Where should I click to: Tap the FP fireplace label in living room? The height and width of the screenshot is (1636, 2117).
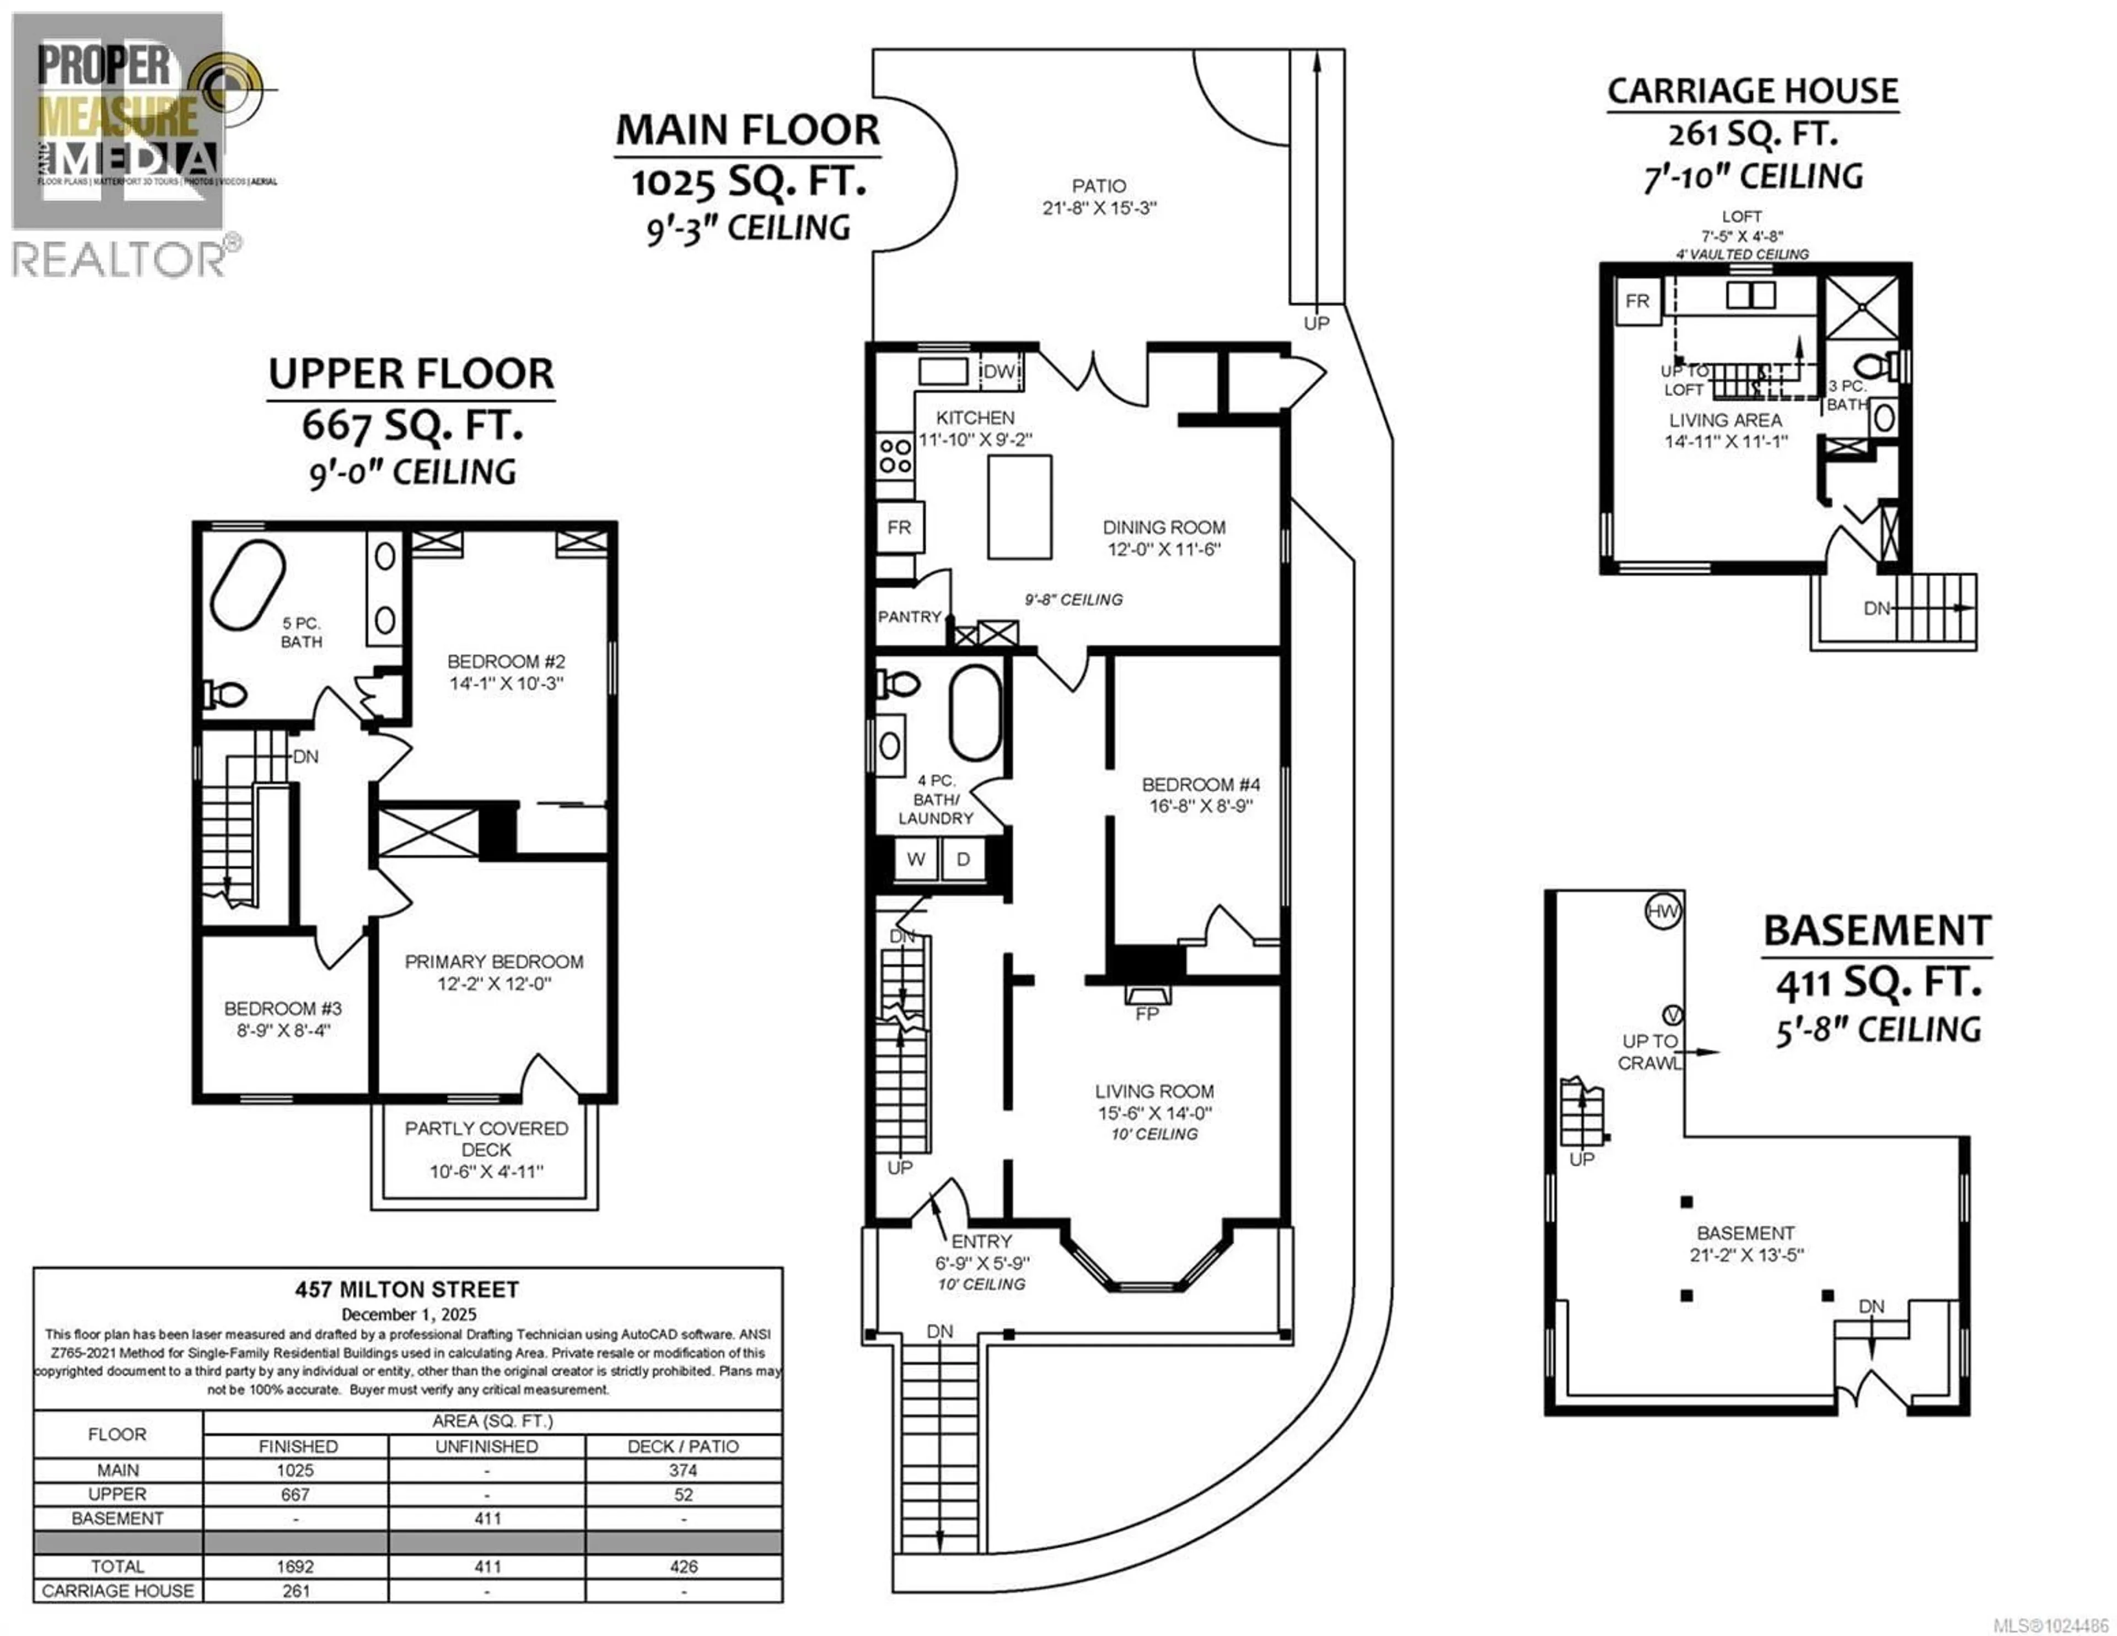[1147, 1013]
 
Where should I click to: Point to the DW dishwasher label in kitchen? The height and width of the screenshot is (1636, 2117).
[1001, 372]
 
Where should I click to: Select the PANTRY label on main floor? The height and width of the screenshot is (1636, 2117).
[909, 617]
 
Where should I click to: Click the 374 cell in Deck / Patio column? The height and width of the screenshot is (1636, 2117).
[684, 1470]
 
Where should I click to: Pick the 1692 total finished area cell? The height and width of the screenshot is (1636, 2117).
[295, 1566]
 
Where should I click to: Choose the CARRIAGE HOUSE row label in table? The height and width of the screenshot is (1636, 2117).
[117, 1590]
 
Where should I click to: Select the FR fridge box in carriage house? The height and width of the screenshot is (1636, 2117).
[1637, 302]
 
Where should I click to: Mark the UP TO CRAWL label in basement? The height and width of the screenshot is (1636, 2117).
[1650, 1051]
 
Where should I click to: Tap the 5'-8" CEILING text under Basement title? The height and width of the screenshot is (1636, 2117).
[1878, 1030]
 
